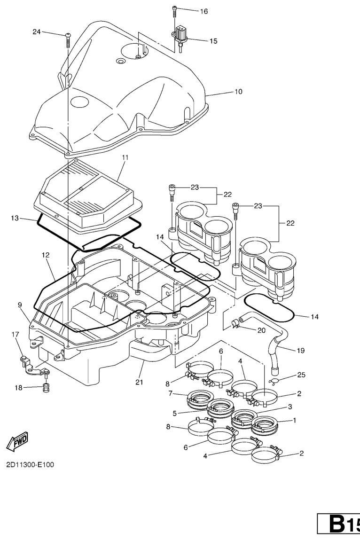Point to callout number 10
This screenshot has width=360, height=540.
[x=238, y=92]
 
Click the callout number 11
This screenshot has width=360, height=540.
[x=125, y=157]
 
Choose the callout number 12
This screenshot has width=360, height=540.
[x=46, y=255]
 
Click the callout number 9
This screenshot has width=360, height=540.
[x=20, y=305]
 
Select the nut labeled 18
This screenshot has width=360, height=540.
[x=46, y=388]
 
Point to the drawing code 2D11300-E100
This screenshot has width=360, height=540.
[x=30, y=465]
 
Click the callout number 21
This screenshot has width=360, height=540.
[x=139, y=382]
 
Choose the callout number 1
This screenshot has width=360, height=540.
[x=295, y=420]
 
